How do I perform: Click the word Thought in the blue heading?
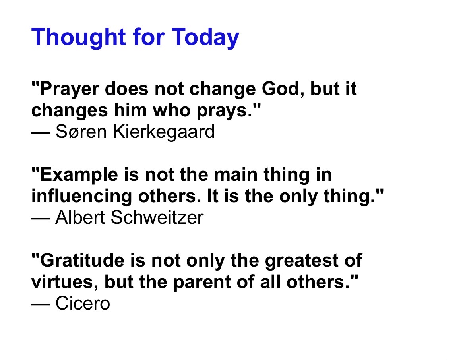click(x=79, y=37)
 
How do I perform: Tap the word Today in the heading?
click(x=205, y=37)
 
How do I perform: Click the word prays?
click(x=229, y=111)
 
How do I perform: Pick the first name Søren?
click(x=81, y=132)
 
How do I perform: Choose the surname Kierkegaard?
click(x=164, y=132)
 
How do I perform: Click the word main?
click(x=236, y=174)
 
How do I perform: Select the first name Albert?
click(x=80, y=217)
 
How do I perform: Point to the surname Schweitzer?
click(x=157, y=217)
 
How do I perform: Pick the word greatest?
click(x=301, y=261)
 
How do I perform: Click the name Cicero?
click(x=83, y=303)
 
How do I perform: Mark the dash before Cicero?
click(x=41, y=304)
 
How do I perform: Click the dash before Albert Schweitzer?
click(x=41, y=218)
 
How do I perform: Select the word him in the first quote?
click(x=130, y=110)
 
